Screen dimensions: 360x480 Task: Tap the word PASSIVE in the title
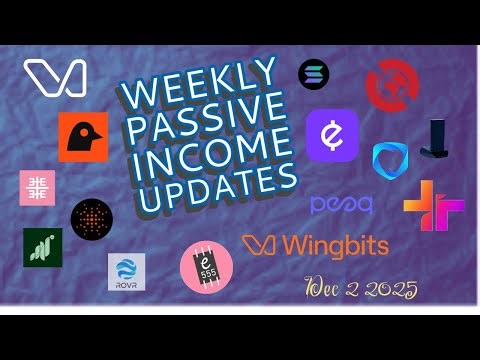pos(205,116)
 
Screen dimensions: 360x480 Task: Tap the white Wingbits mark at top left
pos(54,78)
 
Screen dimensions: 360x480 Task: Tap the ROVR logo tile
pos(127,271)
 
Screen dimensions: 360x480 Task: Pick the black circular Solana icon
pos(313,73)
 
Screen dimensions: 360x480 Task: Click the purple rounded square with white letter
pos(332,134)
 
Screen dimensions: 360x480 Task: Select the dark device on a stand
pos(436,139)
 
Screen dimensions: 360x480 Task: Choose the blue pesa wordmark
pos(341,205)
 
